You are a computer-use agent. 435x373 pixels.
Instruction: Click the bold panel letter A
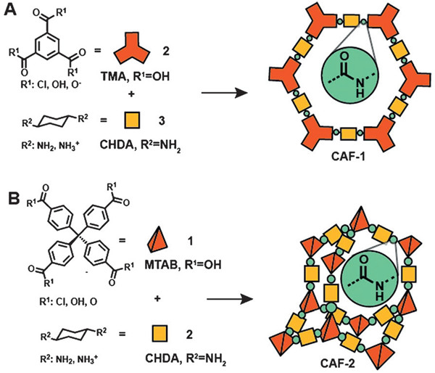(10, 11)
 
